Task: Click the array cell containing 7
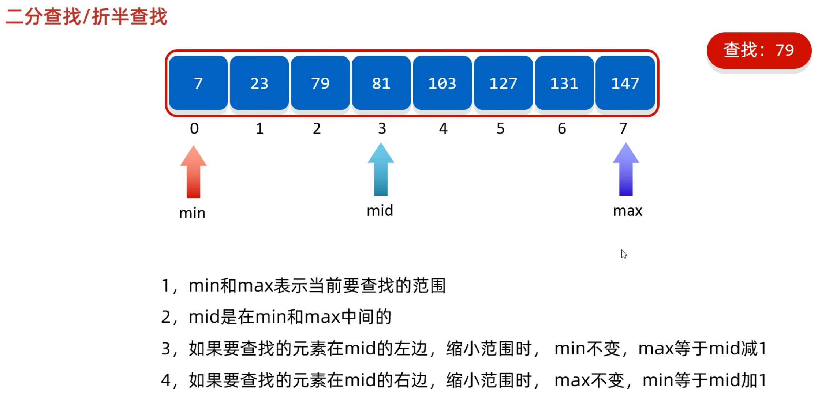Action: coord(198,83)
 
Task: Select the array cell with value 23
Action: coord(259,83)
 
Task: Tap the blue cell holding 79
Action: coord(320,83)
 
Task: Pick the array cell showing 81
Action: coord(381,83)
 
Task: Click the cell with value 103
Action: coord(442,83)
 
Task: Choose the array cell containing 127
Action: coord(503,83)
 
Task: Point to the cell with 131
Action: coord(564,83)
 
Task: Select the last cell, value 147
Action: coord(625,83)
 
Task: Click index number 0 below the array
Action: coord(194,128)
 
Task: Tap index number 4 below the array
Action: coord(443,128)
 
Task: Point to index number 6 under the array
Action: coord(562,128)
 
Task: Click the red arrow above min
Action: coord(193,172)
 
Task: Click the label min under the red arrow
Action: coord(192,213)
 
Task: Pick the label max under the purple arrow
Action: coord(627,211)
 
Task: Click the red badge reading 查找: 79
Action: coord(759,50)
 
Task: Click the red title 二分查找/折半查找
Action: coord(86,16)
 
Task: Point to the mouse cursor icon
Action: coord(624,254)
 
